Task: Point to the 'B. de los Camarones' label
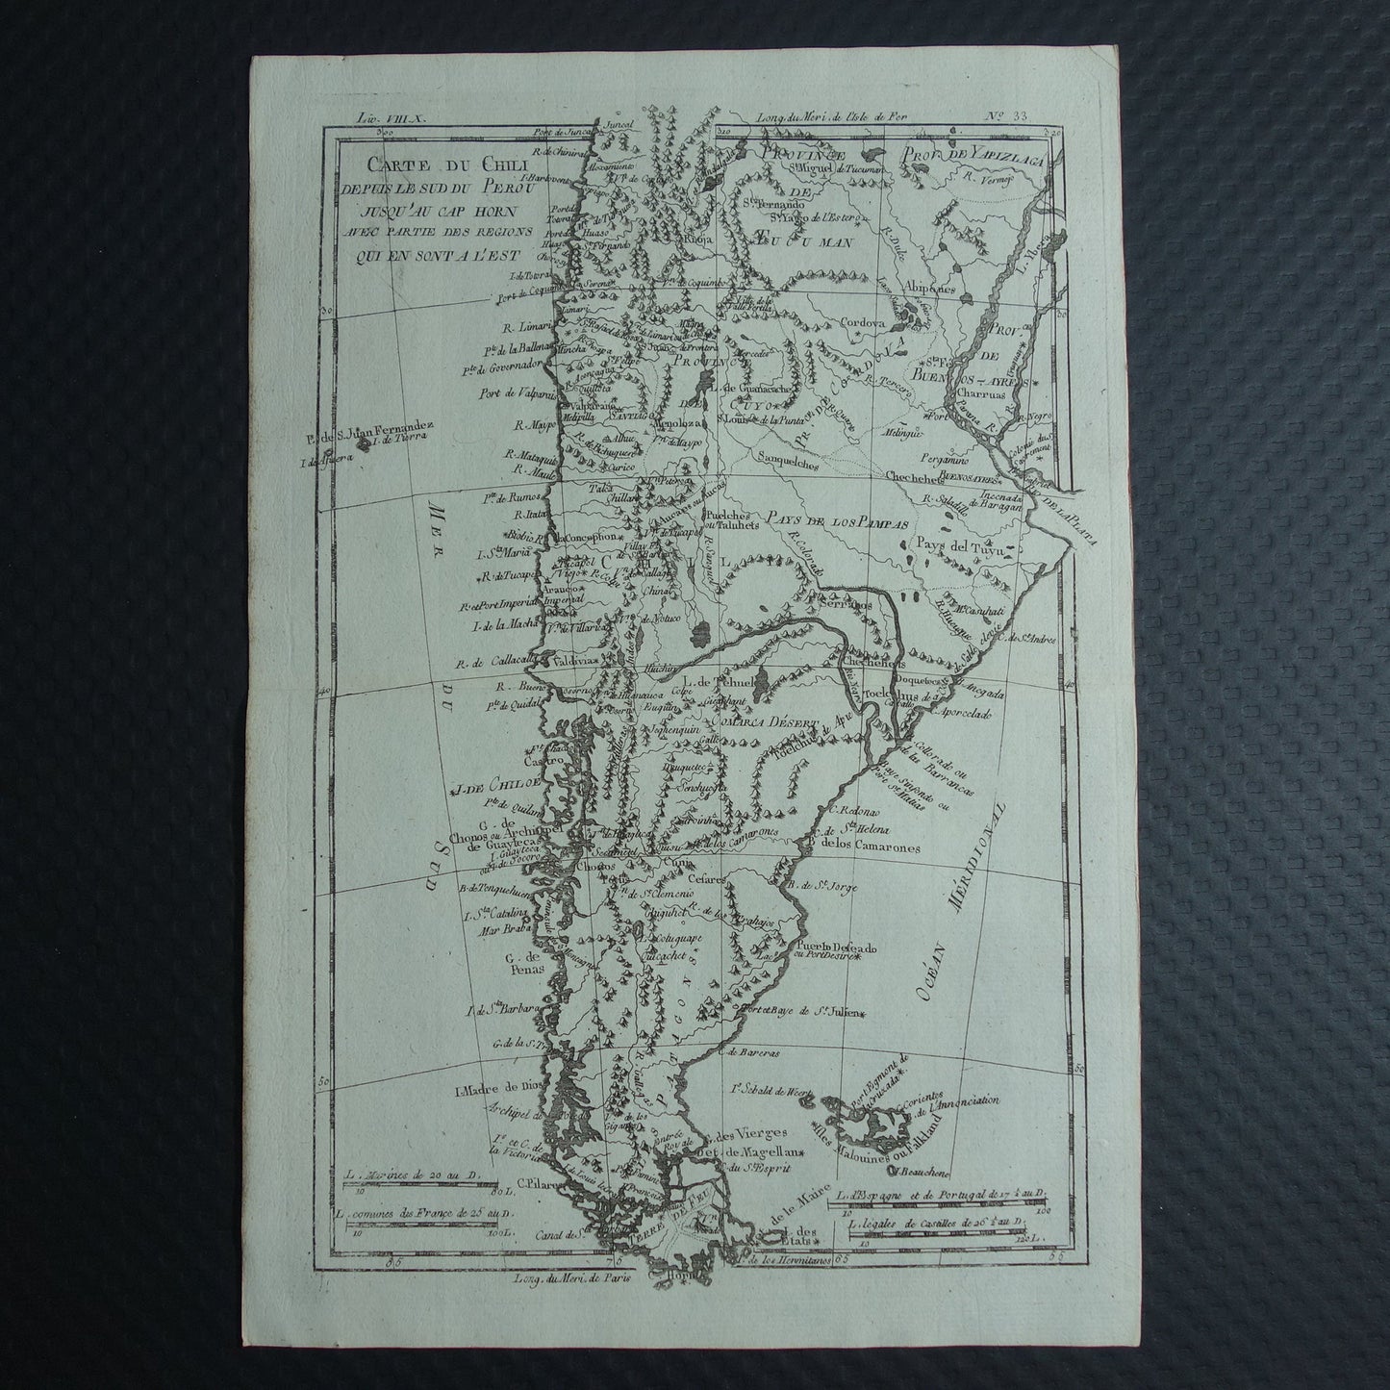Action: pyautogui.click(x=866, y=848)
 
